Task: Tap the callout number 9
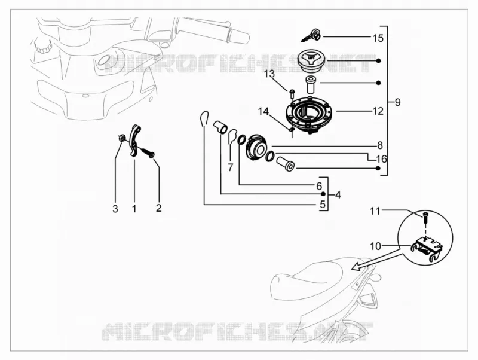397,102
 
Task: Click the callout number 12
378,111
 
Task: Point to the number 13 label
269,74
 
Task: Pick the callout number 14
263,112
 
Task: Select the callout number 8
380,145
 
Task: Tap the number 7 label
231,167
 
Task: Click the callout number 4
338,194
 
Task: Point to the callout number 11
375,211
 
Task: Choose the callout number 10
376,246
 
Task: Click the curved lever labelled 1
134,141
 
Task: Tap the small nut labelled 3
122,138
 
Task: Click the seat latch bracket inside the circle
427,247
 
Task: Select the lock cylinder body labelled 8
257,147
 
